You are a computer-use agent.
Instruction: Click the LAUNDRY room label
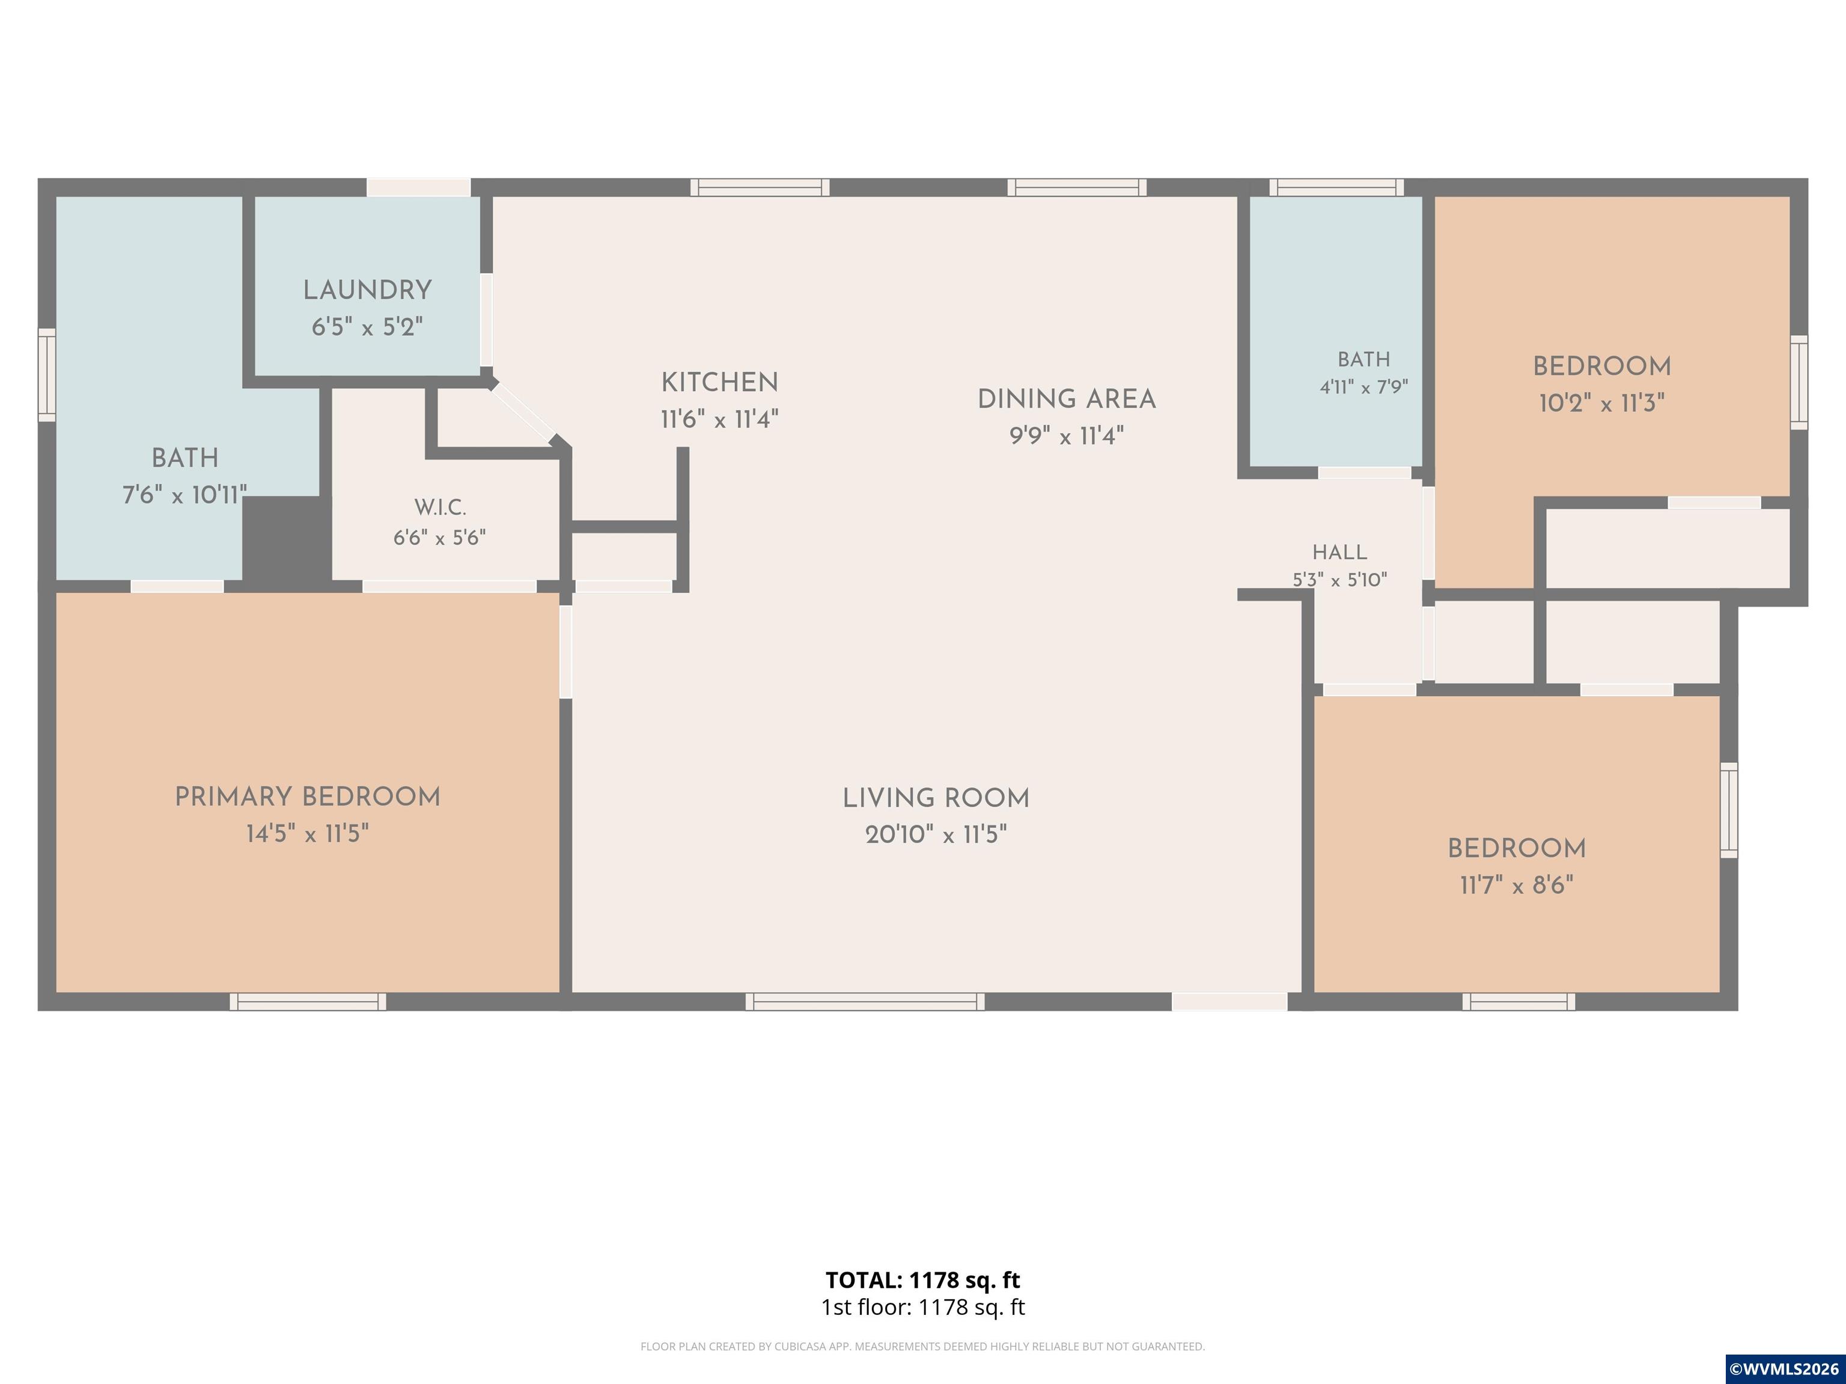(x=367, y=290)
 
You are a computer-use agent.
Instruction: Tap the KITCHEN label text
(x=719, y=383)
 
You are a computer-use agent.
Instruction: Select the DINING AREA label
(x=1067, y=399)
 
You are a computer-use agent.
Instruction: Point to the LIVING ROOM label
(x=936, y=798)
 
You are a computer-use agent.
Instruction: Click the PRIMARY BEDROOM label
(x=307, y=797)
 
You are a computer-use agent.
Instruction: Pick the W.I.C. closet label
(x=440, y=507)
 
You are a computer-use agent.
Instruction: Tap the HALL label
(x=1339, y=552)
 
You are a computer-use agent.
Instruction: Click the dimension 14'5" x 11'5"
(x=307, y=833)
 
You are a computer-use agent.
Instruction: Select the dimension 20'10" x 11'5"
(x=936, y=834)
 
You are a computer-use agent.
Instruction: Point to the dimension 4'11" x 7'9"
(x=1363, y=387)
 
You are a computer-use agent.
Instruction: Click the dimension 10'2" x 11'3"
(x=1601, y=404)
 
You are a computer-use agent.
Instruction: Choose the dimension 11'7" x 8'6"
(x=1516, y=885)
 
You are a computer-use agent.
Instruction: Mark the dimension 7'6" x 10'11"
(x=184, y=496)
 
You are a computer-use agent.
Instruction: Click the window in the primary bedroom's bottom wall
(x=308, y=1001)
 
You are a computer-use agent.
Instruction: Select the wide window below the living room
(x=865, y=1001)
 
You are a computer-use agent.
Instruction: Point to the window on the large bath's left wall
(x=47, y=375)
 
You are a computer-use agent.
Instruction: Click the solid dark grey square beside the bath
(x=286, y=538)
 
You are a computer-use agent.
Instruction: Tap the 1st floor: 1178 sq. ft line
(x=923, y=1307)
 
